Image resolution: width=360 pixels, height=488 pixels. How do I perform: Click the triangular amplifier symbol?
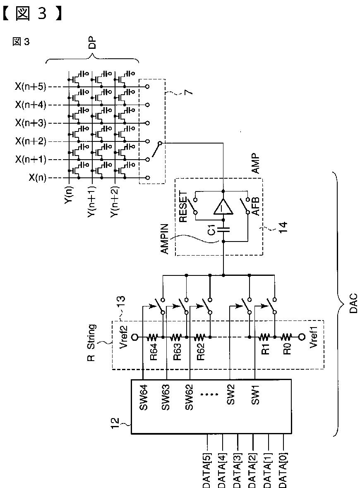(x=223, y=206)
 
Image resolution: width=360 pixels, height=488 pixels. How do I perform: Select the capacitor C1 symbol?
(x=223, y=230)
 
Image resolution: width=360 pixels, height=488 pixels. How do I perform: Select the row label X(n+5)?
(x=30, y=86)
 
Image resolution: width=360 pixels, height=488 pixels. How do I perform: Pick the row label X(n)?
(x=37, y=178)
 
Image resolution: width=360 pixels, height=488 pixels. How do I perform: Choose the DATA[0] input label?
(x=283, y=470)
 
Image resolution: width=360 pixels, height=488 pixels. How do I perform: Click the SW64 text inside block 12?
(x=143, y=397)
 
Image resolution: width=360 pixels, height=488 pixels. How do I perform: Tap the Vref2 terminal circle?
(x=135, y=337)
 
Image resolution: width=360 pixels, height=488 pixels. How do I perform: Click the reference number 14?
(x=283, y=227)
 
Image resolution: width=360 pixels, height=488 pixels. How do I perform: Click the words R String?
(x=92, y=342)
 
